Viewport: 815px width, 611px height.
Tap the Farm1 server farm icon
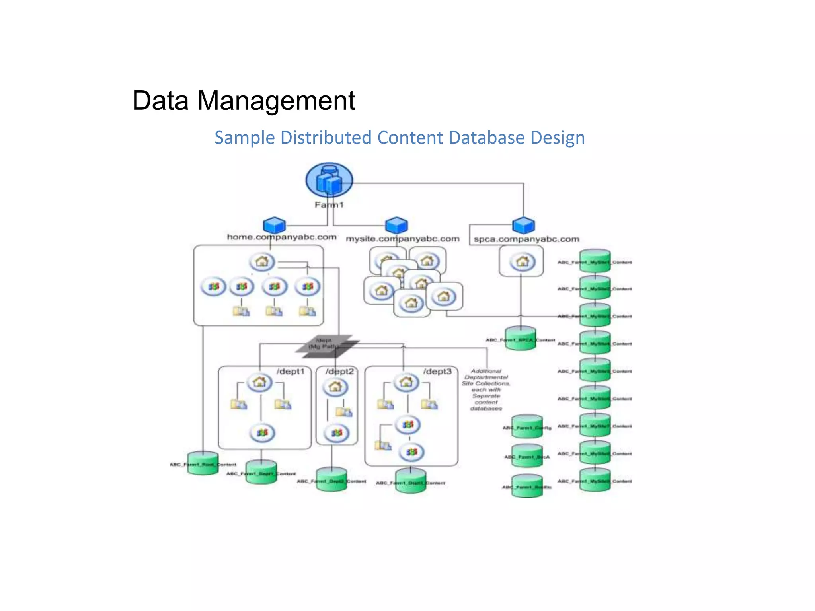coord(329,180)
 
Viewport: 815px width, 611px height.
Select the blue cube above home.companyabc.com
coord(274,225)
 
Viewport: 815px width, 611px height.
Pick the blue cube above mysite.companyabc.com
coord(396,225)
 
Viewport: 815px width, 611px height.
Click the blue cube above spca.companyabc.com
coord(523,225)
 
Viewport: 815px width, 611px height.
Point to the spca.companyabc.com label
coord(526,239)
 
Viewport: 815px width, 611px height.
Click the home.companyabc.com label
coord(281,237)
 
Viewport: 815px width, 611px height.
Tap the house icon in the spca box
coord(523,261)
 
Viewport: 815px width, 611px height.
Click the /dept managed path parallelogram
coord(327,344)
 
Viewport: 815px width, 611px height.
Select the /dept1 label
coord(291,371)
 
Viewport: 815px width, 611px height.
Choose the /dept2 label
coord(339,371)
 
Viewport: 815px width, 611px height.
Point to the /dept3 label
coord(437,371)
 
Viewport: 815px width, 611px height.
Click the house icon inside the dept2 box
coord(335,387)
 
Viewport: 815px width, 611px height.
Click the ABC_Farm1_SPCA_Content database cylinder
coord(521,339)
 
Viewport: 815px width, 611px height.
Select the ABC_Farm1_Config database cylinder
coord(527,427)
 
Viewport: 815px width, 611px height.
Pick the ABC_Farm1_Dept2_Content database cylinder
coord(331,479)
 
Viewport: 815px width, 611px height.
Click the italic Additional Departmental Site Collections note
coord(486,389)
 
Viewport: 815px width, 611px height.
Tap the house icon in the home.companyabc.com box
coord(262,262)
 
